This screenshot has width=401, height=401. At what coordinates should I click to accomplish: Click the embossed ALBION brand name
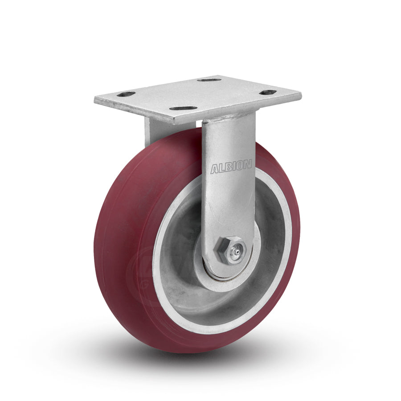(x=231, y=168)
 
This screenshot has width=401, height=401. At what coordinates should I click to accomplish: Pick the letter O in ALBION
(x=241, y=166)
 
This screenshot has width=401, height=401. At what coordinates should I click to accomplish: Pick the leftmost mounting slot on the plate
(x=126, y=94)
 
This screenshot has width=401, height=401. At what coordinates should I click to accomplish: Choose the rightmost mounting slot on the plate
(x=268, y=93)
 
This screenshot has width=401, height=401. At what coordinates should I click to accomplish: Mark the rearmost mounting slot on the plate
(x=209, y=80)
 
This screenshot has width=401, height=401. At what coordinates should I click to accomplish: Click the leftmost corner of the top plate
(x=95, y=100)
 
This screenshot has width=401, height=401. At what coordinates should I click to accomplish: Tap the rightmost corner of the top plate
(x=301, y=96)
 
